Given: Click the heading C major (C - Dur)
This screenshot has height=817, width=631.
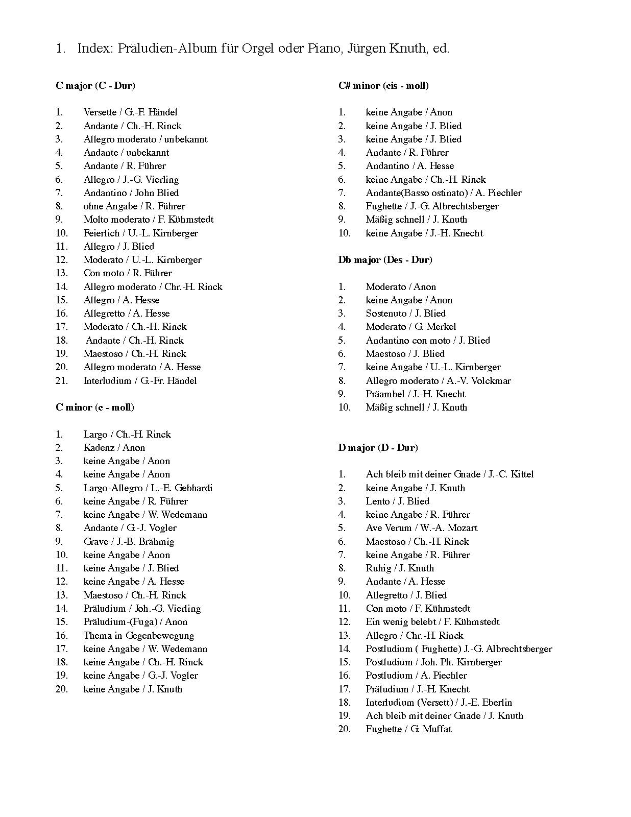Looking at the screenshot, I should [95, 86].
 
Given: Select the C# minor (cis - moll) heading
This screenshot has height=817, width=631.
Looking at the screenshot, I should [383, 86].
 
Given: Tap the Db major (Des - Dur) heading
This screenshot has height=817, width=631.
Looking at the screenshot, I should [385, 260].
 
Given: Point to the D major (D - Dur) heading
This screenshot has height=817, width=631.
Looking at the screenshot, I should [378, 448].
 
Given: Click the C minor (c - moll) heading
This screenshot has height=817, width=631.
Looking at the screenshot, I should [95, 407].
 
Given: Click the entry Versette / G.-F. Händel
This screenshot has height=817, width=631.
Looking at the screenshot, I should [130, 112].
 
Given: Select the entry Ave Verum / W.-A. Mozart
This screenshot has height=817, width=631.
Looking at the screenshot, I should [422, 528].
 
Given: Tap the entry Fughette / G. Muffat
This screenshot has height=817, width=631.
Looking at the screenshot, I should [408, 729].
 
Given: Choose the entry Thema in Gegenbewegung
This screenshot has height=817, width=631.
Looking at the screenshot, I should [139, 636].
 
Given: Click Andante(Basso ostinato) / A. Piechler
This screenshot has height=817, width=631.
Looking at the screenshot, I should [444, 193].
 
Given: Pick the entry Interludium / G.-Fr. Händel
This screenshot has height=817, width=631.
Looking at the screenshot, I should [140, 381].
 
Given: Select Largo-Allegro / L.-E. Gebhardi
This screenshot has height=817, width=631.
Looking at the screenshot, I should [148, 488].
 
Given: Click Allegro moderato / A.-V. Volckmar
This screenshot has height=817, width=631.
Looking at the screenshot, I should [438, 381].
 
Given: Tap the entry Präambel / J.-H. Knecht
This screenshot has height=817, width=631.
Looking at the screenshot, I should [416, 394].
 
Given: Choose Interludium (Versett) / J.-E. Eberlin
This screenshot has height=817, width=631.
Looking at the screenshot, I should [439, 703].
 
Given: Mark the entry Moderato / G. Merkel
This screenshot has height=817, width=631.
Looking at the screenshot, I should [411, 327].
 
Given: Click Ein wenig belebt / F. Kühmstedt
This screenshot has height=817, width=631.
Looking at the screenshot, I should [432, 622].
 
